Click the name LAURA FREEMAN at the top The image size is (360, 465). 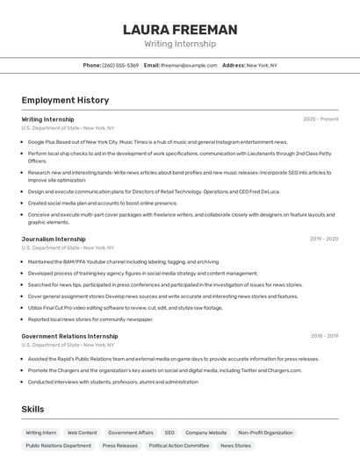(x=180, y=30)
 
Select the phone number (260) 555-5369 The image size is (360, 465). (x=120, y=65)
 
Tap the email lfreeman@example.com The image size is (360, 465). (x=189, y=65)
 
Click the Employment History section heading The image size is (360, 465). (x=65, y=100)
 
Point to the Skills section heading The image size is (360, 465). (x=33, y=410)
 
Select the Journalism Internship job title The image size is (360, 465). (x=54, y=239)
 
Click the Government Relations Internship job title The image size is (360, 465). (x=69, y=336)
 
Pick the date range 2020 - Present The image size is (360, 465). (x=320, y=119)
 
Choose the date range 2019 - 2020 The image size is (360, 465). (x=324, y=239)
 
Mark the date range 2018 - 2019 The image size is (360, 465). (x=324, y=336)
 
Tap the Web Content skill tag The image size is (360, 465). (x=83, y=433)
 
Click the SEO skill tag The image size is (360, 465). (x=169, y=433)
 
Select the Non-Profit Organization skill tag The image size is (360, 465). (x=265, y=433)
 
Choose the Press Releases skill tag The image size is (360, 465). (x=120, y=446)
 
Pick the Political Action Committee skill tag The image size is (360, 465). (x=179, y=446)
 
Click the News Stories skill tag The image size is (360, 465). (x=235, y=446)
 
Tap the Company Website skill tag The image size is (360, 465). (x=206, y=433)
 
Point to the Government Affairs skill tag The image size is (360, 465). (x=131, y=433)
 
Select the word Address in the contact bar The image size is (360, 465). (x=234, y=65)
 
